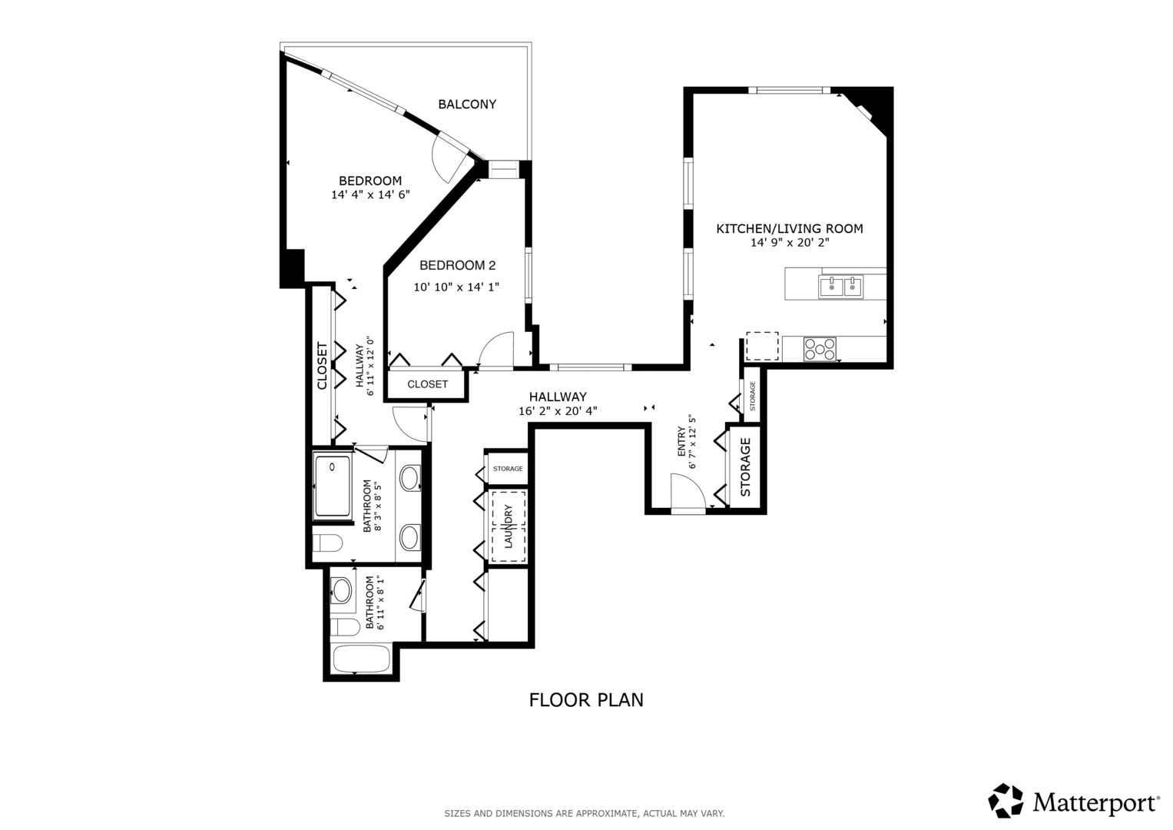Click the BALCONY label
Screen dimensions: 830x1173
467,105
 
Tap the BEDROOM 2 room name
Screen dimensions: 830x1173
457,266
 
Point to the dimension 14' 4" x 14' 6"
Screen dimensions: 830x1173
370,195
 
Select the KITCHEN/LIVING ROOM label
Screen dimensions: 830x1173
789,229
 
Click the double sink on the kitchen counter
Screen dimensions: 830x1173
841,287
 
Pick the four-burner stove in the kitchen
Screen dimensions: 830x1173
820,349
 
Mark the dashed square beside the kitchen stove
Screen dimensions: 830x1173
762,347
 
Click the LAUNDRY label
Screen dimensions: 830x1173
508,526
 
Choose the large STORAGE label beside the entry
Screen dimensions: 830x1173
745,467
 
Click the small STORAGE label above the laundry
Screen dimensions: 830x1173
508,469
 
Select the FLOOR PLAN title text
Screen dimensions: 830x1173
586,700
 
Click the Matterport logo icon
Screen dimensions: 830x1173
1006,801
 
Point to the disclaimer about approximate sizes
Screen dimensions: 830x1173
584,813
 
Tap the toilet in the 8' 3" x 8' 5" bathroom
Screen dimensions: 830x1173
328,543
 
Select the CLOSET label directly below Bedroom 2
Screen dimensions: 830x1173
427,384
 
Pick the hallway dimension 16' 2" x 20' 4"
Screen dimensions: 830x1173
558,411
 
